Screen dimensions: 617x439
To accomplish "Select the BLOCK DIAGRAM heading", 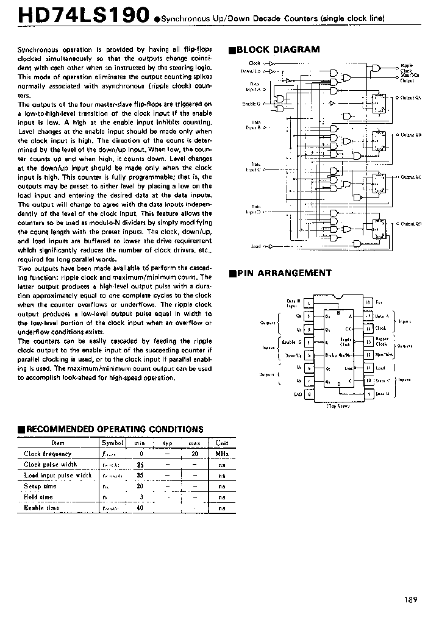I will [x=277, y=49].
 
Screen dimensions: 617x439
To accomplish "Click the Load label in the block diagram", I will [x=255, y=246].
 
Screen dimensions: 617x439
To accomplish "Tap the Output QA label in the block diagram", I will [x=409, y=98].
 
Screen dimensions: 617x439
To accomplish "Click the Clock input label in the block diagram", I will [x=254, y=63].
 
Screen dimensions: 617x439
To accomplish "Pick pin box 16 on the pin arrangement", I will [x=368, y=302].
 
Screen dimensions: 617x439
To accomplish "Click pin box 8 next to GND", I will [x=310, y=394].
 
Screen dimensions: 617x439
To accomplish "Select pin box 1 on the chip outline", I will [x=310, y=302].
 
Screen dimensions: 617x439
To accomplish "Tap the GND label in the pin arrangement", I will [x=298, y=394].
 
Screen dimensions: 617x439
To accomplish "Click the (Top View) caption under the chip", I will [x=338, y=405].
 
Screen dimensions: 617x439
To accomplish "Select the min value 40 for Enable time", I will [x=140, y=508].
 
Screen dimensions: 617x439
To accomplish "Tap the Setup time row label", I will [x=40, y=487].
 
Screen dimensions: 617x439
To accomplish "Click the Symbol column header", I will [x=112, y=443].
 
